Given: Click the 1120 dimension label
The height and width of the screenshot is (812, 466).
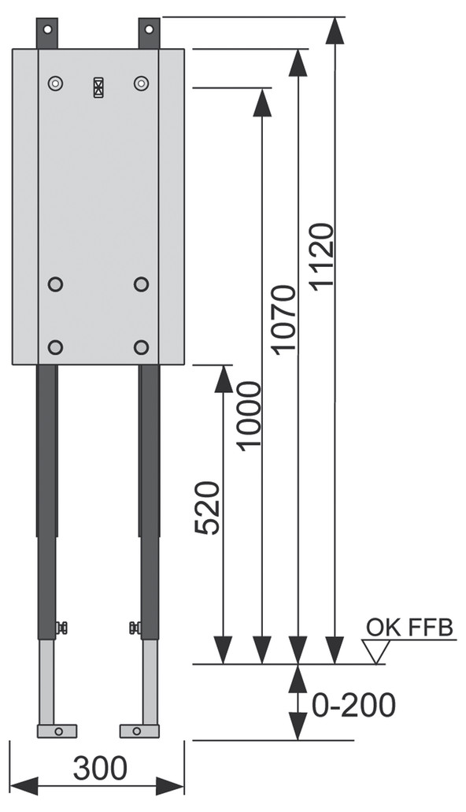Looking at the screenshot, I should tap(323, 258).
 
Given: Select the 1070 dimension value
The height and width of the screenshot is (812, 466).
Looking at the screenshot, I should tap(283, 320).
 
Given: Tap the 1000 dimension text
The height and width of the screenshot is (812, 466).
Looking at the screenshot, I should tap(248, 415).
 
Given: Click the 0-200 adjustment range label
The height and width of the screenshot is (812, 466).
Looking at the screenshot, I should tap(353, 705).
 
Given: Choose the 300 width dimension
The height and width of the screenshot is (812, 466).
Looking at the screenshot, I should tap(100, 768).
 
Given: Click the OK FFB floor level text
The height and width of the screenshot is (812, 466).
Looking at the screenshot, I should tap(409, 628).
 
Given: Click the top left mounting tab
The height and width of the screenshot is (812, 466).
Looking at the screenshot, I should tap(48, 32).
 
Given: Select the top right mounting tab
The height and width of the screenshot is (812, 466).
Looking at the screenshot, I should tap(150, 32).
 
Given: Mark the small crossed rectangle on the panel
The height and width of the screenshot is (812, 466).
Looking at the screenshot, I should tap(98, 87).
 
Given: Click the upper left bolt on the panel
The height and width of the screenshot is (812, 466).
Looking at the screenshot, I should tap(55, 83).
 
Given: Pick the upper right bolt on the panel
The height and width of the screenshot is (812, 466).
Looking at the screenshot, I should tap(142, 83).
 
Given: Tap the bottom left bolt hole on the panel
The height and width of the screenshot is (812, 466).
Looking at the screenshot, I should tap(55, 347).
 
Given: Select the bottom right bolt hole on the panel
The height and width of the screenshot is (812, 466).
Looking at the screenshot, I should tap(142, 347).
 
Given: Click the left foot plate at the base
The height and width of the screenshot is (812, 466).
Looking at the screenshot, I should tap(57, 731).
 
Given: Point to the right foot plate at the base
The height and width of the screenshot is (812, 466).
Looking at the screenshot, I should tap(139, 731).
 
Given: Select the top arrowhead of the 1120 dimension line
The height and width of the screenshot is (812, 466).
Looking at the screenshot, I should tap(336, 31).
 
